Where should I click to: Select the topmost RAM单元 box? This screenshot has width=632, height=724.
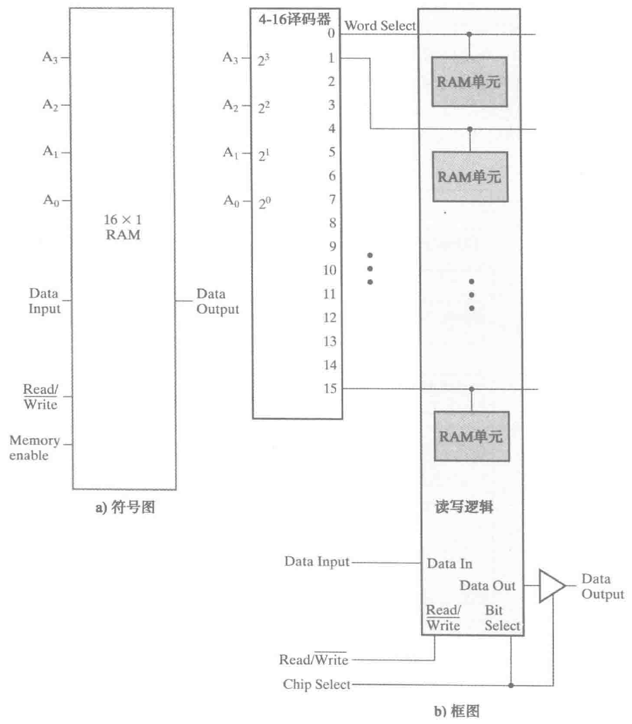point(470,81)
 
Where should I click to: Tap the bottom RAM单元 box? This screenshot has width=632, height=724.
point(470,436)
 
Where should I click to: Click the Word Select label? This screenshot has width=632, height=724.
point(380,26)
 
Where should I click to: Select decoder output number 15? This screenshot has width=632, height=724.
point(330,388)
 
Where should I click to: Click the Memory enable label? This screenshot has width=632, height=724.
point(34,447)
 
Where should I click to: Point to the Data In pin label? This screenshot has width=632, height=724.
point(449,564)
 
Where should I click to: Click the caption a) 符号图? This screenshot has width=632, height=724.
point(125,509)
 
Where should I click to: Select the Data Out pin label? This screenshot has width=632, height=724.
point(487,585)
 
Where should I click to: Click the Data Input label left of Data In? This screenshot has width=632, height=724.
point(317,561)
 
